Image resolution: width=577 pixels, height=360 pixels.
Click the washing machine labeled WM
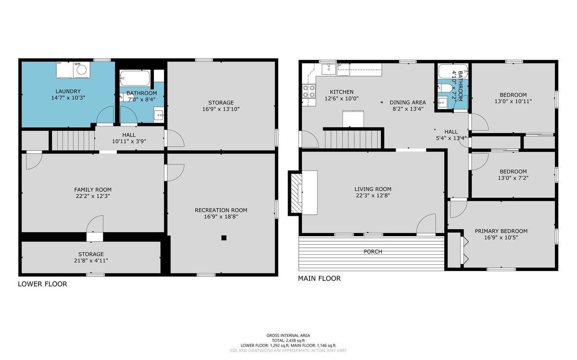point(82,70)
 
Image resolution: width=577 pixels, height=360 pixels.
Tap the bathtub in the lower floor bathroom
point(135,78)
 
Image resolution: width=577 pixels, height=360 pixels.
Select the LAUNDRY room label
point(68,91)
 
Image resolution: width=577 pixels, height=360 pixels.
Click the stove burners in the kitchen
point(309,91)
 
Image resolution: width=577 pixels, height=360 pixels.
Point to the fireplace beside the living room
point(296,193)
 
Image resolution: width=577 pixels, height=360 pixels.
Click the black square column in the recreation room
point(224,238)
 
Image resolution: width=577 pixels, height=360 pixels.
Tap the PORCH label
point(373,251)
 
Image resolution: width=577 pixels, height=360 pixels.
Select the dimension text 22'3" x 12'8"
point(373,196)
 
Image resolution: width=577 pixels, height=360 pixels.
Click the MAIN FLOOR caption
point(319,278)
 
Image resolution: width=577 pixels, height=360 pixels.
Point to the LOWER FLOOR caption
point(42,284)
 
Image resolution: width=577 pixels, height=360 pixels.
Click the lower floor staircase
point(73,140)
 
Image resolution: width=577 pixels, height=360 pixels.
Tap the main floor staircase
point(353,139)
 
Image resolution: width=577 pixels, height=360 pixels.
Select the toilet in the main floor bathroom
point(443,88)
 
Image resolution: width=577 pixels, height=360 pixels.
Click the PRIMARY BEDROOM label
point(501,231)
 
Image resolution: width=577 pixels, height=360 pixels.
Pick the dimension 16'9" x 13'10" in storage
point(221,109)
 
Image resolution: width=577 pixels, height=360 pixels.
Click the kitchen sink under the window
point(329,69)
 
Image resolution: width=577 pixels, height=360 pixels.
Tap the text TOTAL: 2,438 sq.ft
point(288,340)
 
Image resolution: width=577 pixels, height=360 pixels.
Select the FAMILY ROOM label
point(93,190)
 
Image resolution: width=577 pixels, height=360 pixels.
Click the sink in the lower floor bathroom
point(158,115)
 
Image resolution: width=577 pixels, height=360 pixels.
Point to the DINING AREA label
point(408,102)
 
